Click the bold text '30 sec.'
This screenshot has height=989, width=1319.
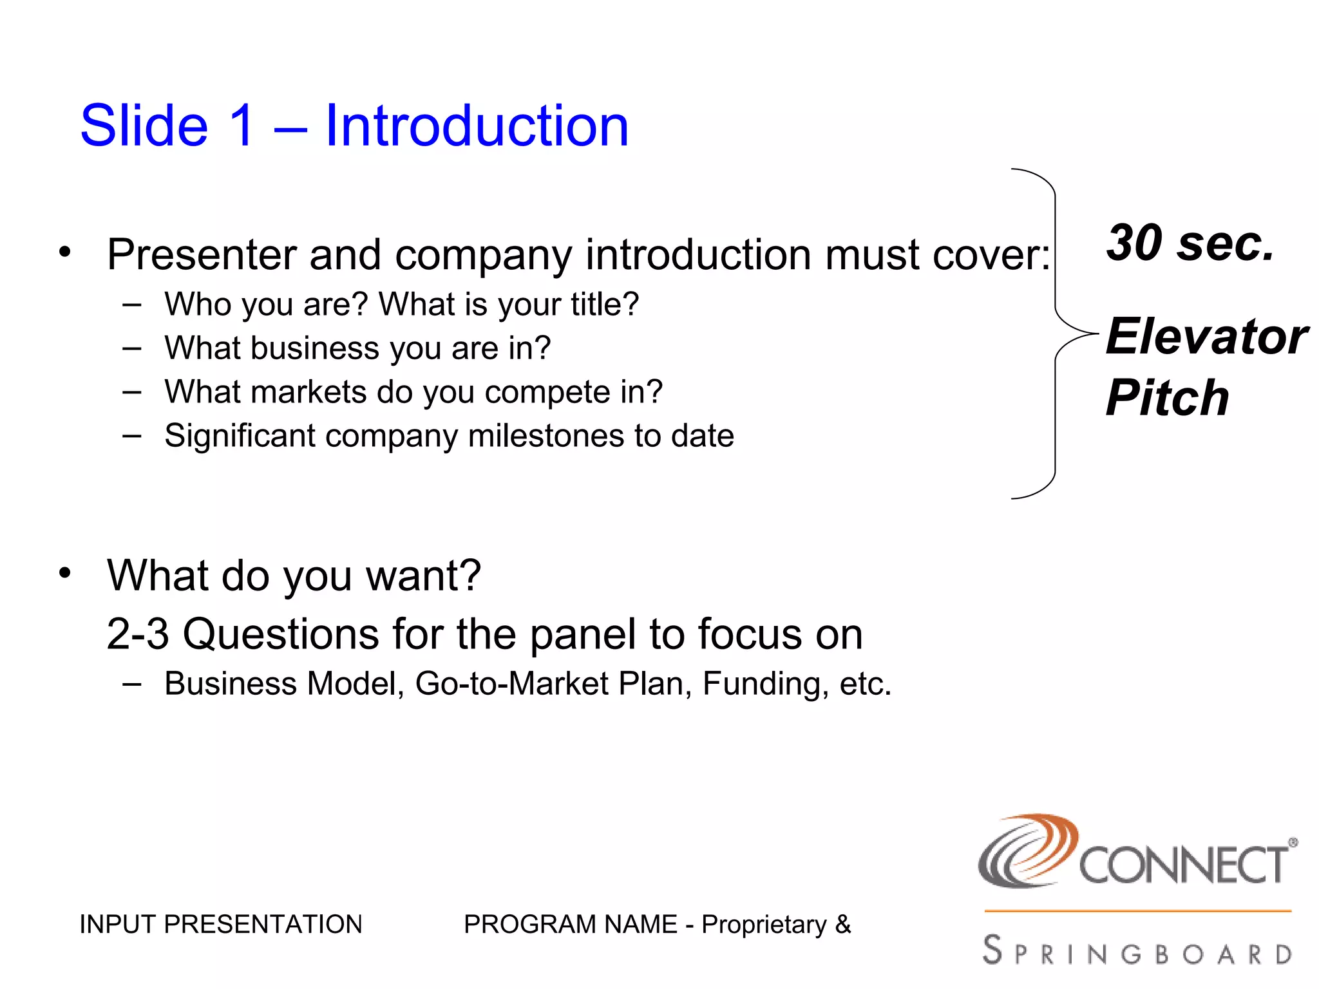1190,243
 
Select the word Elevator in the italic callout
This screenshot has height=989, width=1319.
1206,337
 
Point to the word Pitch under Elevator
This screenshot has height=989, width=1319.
1167,397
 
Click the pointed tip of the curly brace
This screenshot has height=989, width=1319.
1096,334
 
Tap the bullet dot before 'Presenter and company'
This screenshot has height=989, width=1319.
64,252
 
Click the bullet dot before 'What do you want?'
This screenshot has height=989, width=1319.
64,572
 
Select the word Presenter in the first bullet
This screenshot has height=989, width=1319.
201,254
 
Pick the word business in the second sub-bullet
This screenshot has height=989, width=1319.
315,348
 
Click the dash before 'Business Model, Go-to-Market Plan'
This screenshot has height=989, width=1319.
131,684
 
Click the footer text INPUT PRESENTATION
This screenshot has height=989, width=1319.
221,925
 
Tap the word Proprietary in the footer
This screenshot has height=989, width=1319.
764,925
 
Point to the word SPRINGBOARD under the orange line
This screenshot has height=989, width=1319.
1137,952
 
